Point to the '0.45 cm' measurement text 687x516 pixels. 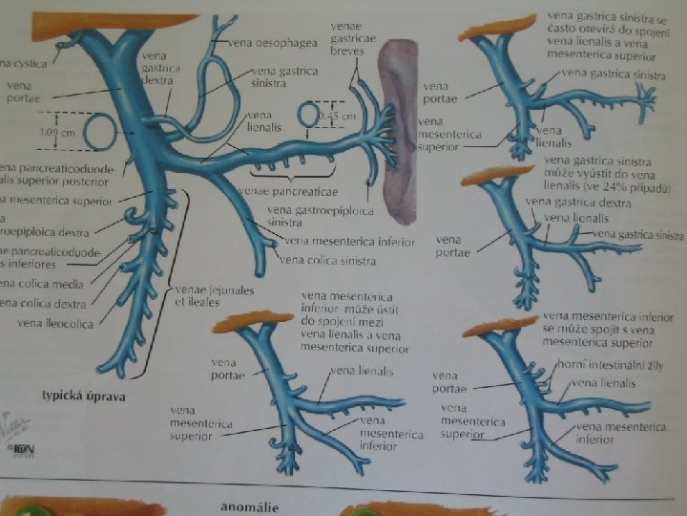point(337,116)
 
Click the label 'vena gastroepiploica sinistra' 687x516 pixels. point(304,215)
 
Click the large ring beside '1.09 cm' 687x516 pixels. point(100,132)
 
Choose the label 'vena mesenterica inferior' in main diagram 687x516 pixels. point(349,242)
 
